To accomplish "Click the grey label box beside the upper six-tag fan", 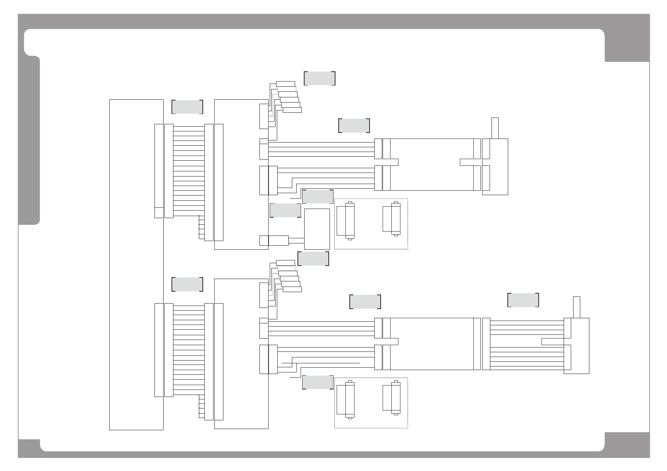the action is coord(320,78).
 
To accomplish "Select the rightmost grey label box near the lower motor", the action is coord(523,300).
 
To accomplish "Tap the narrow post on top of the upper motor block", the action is coord(495,128).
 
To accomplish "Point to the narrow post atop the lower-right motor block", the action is coord(577,307).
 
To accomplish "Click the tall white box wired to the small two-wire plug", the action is coord(317,229).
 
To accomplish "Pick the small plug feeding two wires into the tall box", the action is coord(278,240).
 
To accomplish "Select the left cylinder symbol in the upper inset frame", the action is coord(349,221).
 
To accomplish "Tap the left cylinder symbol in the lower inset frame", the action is coord(349,400).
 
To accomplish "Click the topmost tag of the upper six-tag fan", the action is coord(285,84).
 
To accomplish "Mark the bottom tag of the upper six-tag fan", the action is coord(292,110).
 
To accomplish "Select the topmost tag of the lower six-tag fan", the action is coord(285,262).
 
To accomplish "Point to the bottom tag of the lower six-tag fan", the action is coord(292,289).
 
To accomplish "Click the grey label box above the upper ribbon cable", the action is coord(187,107).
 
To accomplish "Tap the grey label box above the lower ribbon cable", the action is coord(187,285).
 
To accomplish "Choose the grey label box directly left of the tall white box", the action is coord(285,210).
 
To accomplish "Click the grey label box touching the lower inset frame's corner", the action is coord(318,382).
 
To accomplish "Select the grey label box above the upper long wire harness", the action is coord(354,125).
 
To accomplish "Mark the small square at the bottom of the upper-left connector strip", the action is coord(158,212).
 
